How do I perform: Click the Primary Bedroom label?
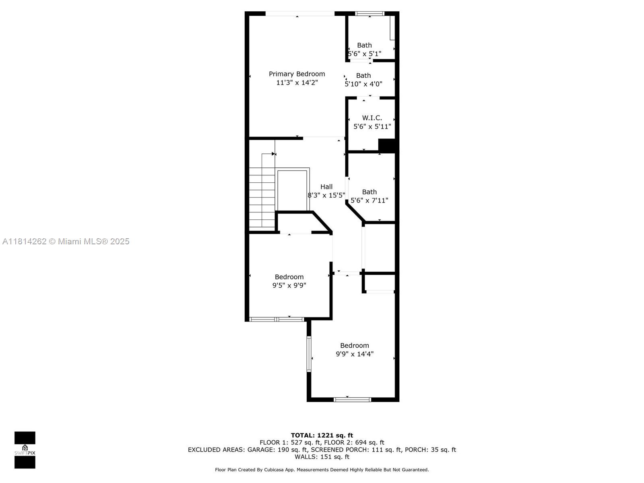point(297,74)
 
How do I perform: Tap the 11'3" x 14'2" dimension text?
point(297,83)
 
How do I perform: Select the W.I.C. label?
point(372,118)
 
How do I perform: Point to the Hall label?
point(326,186)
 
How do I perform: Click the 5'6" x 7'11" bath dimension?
point(369,200)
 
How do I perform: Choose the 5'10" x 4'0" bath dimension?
point(363,84)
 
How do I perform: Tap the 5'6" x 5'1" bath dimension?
point(365,54)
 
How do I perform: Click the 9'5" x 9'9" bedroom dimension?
point(289,285)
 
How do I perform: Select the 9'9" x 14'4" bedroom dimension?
point(355,354)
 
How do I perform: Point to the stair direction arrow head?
point(274,154)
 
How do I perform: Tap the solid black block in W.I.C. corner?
point(387,145)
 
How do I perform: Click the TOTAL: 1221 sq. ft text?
point(322,435)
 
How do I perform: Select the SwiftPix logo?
point(25,450)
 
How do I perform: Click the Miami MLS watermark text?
point(66,242)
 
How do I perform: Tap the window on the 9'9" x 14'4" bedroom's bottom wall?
point(352,399)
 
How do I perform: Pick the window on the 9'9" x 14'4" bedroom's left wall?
point(309,354)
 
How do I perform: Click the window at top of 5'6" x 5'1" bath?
point(369,14)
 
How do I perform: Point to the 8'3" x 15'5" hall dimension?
point(326,195)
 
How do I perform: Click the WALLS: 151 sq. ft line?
point(322,456)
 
